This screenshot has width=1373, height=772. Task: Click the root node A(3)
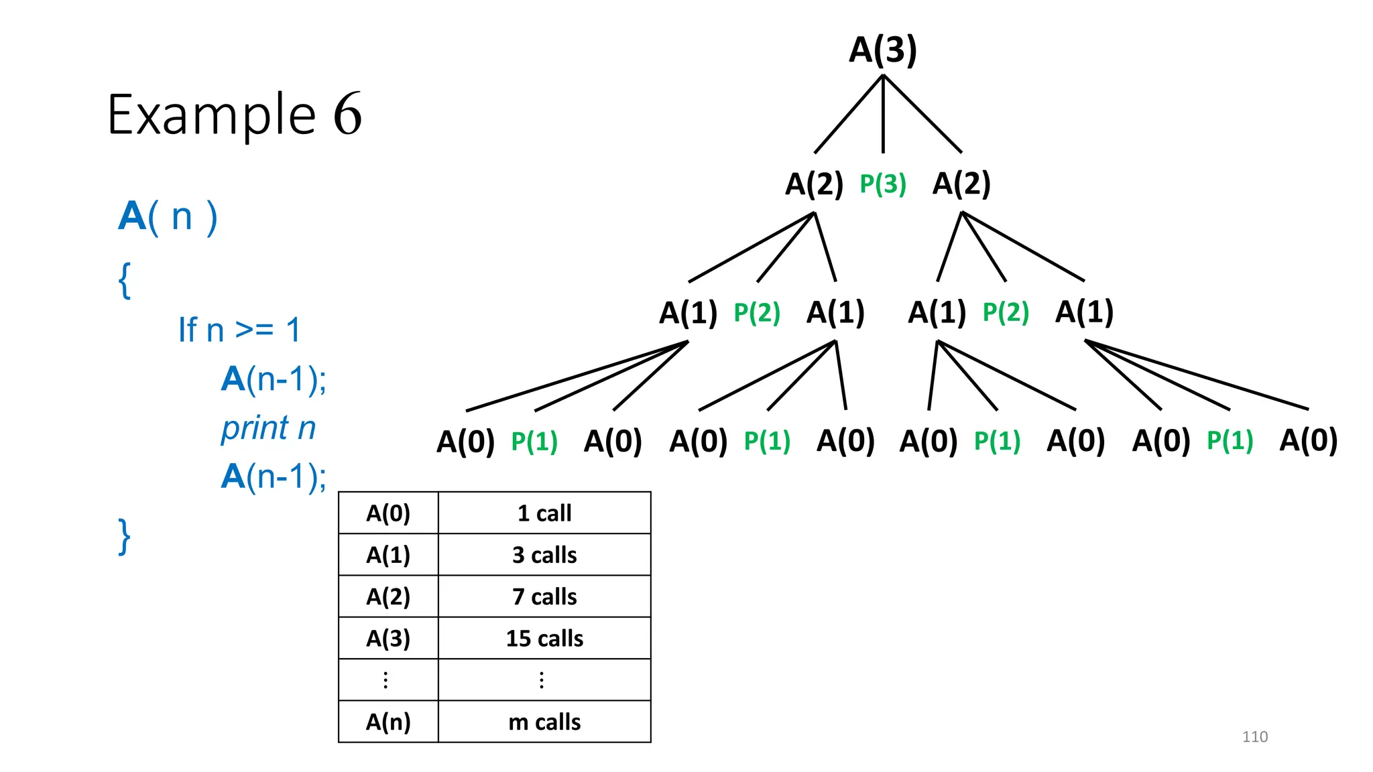pyautogui.click(x=882, y=50)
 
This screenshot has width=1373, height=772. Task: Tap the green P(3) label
pyautogui.click(x=882, y=184)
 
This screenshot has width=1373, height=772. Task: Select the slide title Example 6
pyautogui.click(x=234, y=115)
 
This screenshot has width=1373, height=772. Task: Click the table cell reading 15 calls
pyautogui.click(x=544, y=639)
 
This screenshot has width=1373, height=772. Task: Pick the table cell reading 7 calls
pyautogui.click(x=544, y=596)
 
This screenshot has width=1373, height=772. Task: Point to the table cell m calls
pyautogui.click(x=544, y=722)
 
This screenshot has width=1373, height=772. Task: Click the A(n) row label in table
pyautogui.click(x=387, y=722)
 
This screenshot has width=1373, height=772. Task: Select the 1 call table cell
pyautogui.click(x=544, y=513)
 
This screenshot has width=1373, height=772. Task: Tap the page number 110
pyautogui.click(x=1254, y=736)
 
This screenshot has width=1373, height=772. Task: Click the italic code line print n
pyautogui.click(x=268, y=428)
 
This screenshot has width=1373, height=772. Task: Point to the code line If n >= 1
pyautogui.click(x=239, y=330)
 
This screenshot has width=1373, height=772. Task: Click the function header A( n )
pyautogui.click(x=168, y=216)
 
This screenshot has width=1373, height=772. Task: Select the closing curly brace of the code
pyautogui.click(x=124, y=537)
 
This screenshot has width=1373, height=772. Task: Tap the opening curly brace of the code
pyautogui.click(x=124, y=280)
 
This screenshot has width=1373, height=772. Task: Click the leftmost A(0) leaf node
pyautogui.click(x=465, y=442)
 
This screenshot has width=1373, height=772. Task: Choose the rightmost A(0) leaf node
pyautogui.click(x=1308, y=440)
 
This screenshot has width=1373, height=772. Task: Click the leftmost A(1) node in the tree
pyautogui.click(x=688, y=313)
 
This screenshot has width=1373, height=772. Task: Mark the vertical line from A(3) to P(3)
pyautogui.click(x=883, y=114)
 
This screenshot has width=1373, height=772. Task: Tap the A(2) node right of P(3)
pyautogui.click(x=961, y=184)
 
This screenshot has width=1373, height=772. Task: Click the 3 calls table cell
pyautogui.click(x=544, y=555)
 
